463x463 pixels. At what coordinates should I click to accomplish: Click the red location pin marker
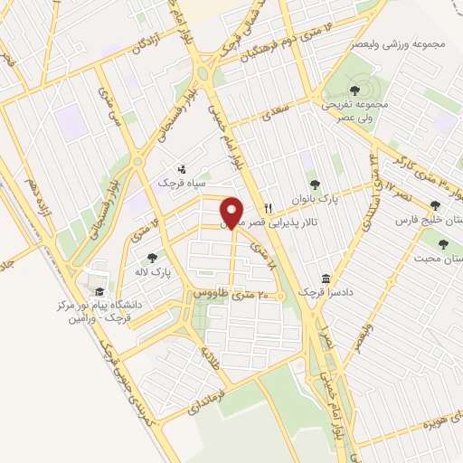(x=232, y=212)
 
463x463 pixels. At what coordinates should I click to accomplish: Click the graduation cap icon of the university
(x=99, y=291)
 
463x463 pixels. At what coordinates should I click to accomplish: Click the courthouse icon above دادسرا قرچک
(x=324, y=278)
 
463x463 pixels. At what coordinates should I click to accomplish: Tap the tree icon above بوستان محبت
(x=444, y=242)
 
